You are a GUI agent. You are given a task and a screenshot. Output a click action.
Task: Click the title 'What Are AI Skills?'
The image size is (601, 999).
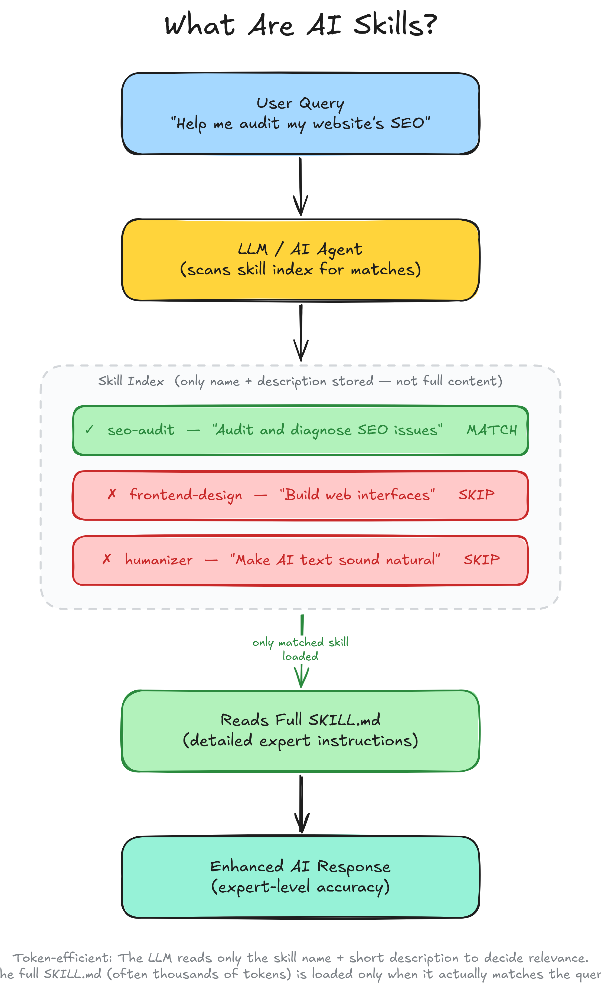point(300,25)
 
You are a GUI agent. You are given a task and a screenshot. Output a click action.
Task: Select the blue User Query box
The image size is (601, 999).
point(300,113)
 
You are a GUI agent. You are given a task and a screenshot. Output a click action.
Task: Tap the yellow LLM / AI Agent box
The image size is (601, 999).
point(300,260)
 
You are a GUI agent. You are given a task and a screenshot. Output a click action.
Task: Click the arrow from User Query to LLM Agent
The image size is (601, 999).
point(300,186)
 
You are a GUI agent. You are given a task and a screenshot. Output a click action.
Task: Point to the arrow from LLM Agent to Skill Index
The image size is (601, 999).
point(300,332)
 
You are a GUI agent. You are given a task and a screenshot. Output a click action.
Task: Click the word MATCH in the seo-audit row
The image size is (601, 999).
point(491,430)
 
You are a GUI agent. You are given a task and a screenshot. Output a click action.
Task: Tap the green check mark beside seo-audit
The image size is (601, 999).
point(90,429)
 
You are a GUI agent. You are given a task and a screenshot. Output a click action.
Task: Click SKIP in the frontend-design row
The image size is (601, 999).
point(476,494)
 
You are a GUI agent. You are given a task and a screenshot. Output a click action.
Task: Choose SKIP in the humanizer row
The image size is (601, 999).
point(482,559)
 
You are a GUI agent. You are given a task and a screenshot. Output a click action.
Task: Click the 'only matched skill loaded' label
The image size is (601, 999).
point(300,649)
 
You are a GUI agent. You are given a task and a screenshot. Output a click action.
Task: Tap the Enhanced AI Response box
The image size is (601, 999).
point(300,877)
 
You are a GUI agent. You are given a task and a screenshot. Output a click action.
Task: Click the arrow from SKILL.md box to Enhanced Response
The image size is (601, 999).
point(301,804)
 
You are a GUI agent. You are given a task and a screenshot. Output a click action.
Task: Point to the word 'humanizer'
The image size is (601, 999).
point(158,560)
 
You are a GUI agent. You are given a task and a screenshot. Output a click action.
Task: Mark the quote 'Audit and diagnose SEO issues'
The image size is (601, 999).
point(327,430)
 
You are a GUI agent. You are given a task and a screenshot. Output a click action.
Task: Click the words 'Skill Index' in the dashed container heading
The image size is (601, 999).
point(131,381)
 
